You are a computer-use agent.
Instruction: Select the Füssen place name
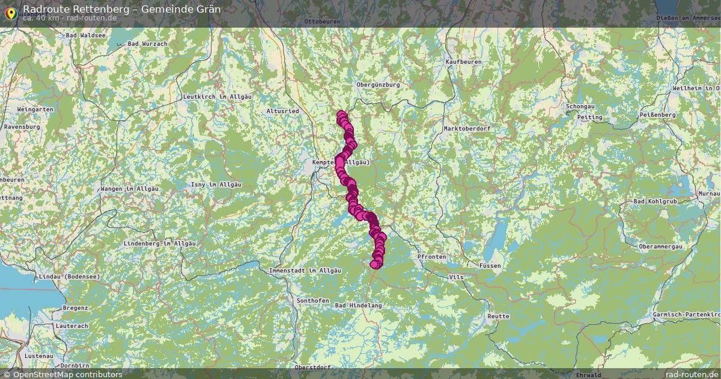tap(490, 265)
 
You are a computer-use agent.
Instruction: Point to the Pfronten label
tap(431, 257)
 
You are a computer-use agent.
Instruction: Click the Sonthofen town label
tap(312, 300)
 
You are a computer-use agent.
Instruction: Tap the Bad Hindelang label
tap(358, 306)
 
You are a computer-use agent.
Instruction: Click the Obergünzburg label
tap(378, 85)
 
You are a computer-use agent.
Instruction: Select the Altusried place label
tap(282, 111)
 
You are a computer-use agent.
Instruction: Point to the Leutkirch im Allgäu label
tap(216, 97)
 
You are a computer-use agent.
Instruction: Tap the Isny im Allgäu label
tap(216, 184)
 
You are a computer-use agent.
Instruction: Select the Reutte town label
tap(498, 316)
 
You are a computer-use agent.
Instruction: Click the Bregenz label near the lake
tap(75, 308)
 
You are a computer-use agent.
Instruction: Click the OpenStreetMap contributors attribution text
tap(62, 374)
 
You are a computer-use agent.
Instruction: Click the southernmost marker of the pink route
tap(375, 264)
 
